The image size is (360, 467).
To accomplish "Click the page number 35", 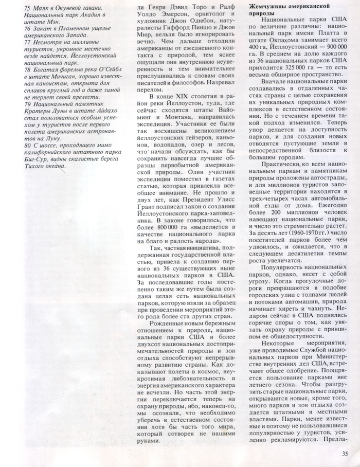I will pyautogui.click(x=344, y=453).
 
